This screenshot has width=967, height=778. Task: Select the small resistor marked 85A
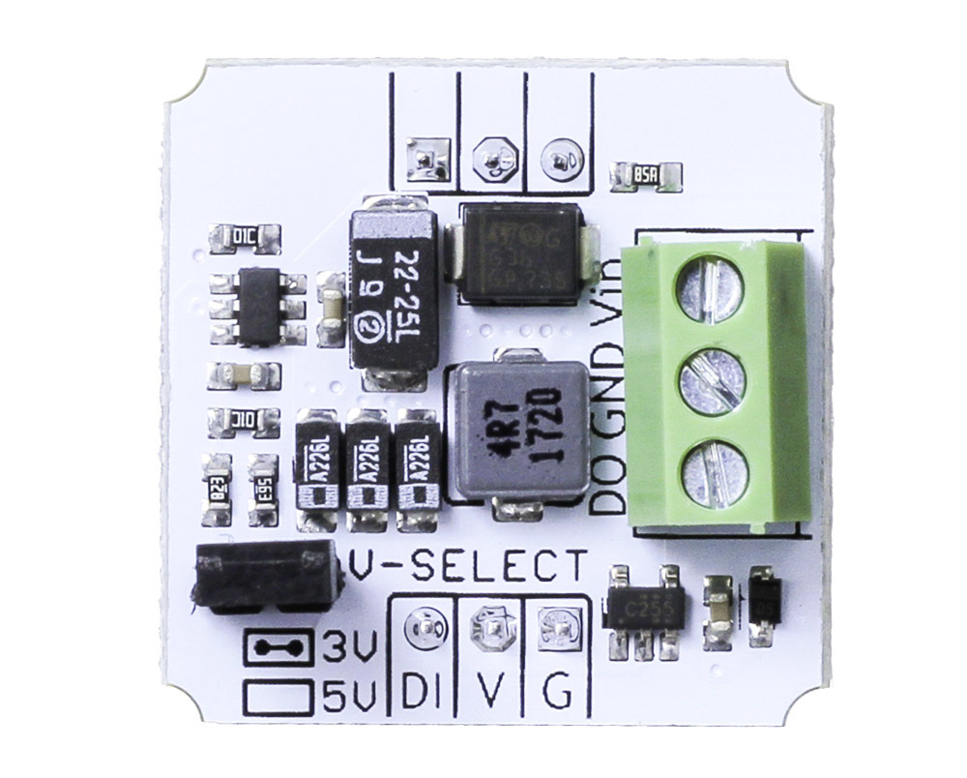tap(646, 175)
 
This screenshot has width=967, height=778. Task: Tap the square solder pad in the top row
tap(425, 156)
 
